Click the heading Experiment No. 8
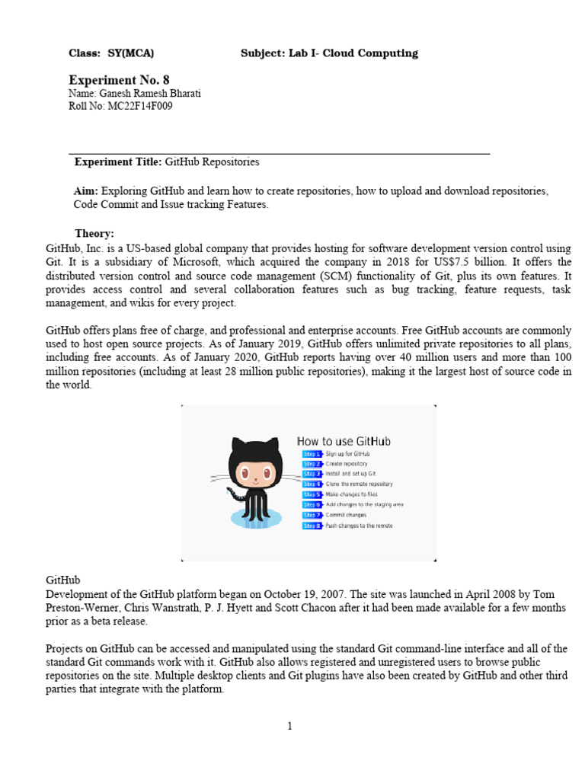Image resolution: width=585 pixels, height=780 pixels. [x=114, y=79]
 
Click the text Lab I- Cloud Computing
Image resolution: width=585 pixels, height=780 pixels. [x=353, y=53]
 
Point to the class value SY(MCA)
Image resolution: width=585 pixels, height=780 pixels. [x=131, y=53]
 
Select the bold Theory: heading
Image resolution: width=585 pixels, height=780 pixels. [x=94, y=233]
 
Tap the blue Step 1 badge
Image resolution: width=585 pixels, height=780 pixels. [x=312, y=454]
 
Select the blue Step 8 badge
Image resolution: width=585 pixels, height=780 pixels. [x=312, y=526]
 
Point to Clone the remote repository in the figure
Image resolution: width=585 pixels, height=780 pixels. [x=359, y=484]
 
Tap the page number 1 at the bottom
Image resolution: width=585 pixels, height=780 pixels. [x=290, y=726]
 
